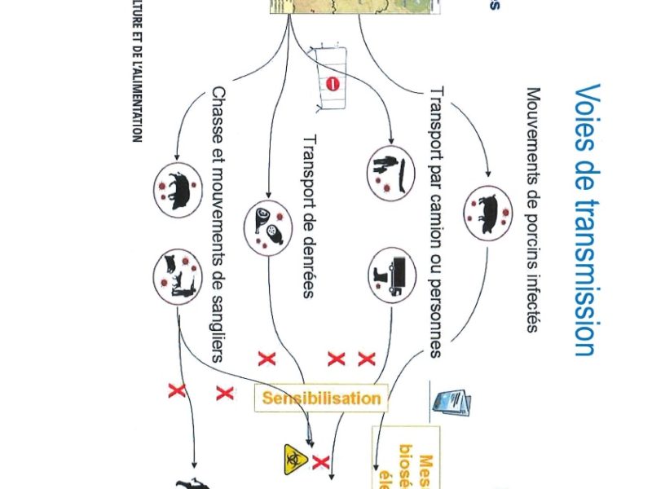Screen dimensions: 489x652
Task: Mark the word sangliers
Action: [218, 319]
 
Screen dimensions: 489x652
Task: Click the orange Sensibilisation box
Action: [321, 399]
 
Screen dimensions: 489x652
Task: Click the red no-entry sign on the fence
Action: [332, 83]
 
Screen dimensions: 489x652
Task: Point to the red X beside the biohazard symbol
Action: [321, 464]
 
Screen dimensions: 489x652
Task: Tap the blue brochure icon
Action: [453, 402]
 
